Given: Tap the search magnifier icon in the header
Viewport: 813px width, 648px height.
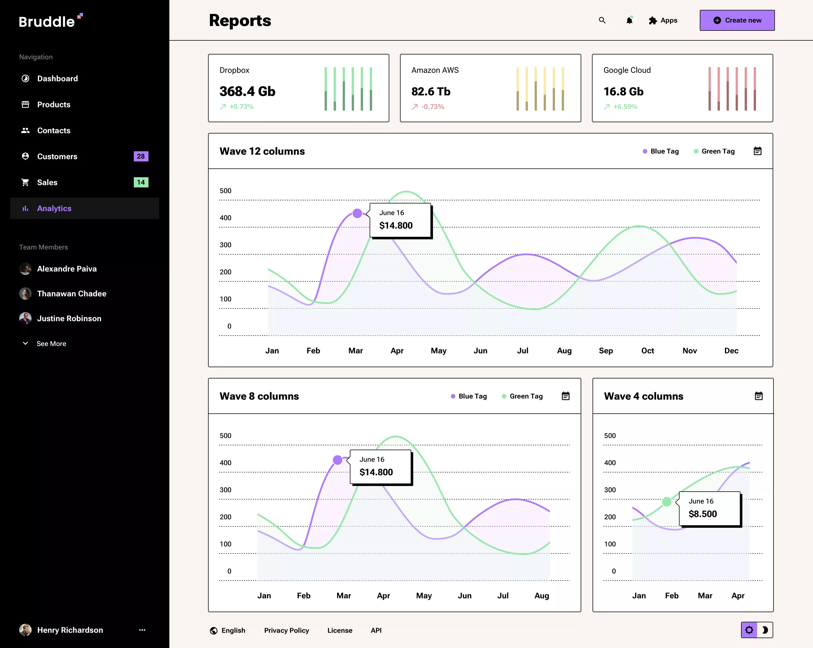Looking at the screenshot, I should point(602,20).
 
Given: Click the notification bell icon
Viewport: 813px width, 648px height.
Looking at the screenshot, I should point(629,21).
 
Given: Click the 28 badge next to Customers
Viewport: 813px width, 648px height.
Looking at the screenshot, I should point(141,156).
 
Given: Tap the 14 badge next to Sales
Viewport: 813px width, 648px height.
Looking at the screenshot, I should point(141,182).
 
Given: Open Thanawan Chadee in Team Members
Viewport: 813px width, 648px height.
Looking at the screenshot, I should point(72,294).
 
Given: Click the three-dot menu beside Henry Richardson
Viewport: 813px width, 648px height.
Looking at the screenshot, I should point(142,630).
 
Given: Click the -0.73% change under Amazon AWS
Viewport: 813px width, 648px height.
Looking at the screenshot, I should point(432,107).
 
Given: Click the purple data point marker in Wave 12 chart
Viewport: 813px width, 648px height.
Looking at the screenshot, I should point(357,213).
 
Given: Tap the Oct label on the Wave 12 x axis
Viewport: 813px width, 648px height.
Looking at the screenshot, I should point(648,351).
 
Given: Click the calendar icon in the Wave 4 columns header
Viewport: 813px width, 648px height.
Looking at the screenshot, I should point(758,396).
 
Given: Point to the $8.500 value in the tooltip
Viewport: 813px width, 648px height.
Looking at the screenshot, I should point(703,514).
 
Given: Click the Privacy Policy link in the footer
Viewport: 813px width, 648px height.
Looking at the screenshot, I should point(286,630).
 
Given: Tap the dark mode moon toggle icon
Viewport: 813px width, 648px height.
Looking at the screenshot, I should point(765,630).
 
